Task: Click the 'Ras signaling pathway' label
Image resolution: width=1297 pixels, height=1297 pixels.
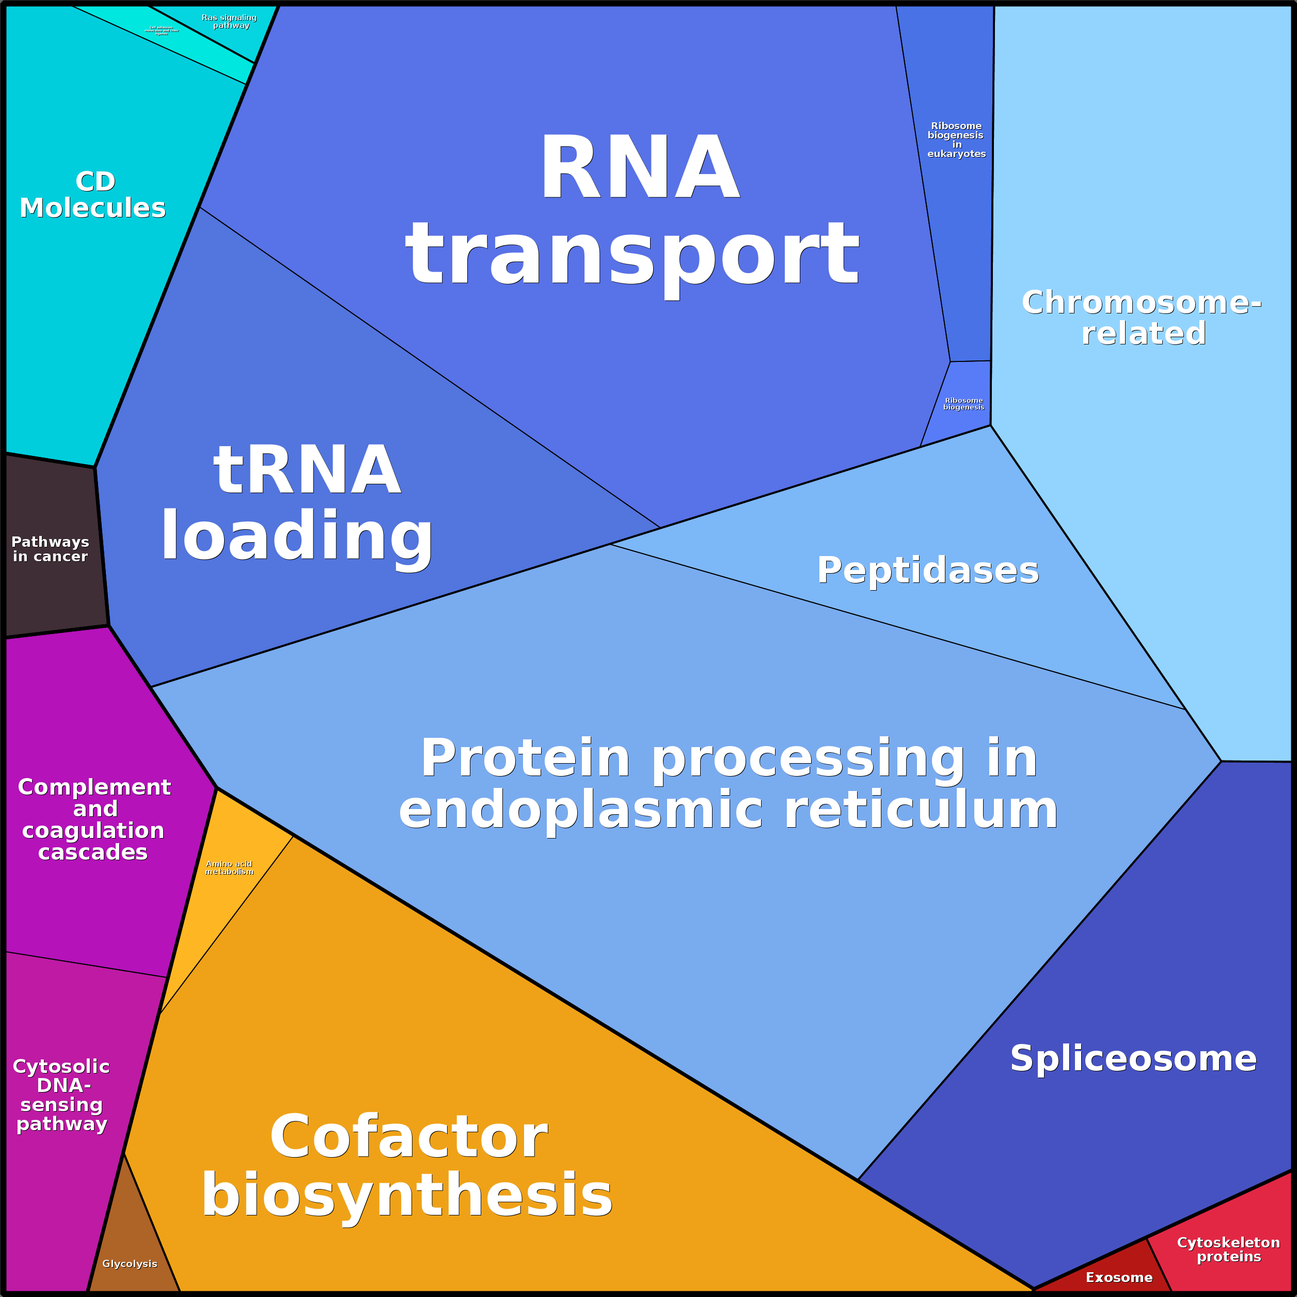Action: (x=229, y=22)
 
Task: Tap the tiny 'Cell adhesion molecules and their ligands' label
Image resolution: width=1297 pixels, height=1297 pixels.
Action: (x=162, y=30)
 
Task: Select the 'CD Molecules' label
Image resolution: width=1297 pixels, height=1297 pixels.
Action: (x=93, y=195)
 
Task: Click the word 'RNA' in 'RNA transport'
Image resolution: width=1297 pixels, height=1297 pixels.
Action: (x=639, y=168)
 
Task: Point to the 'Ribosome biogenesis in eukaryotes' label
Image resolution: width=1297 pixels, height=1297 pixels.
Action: (x=956, y=139)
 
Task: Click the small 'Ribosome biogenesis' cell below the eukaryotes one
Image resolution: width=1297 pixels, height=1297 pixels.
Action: (x=962, y=403)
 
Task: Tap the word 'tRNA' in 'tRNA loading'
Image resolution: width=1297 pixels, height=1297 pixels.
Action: (x=307, y=470)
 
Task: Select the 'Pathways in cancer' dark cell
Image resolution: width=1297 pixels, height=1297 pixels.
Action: (x=51, y=549)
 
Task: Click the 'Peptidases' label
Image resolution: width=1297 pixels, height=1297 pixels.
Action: (x=928, y=571)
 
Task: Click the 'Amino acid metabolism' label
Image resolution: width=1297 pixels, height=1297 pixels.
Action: (x=229, y=867)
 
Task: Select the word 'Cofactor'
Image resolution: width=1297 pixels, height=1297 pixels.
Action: (x=409, y=1136)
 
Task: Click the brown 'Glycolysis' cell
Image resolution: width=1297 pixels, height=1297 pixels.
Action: (x=130, y=1263)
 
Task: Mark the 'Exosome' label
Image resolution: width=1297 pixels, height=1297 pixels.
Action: (x=1119, y=1277)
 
